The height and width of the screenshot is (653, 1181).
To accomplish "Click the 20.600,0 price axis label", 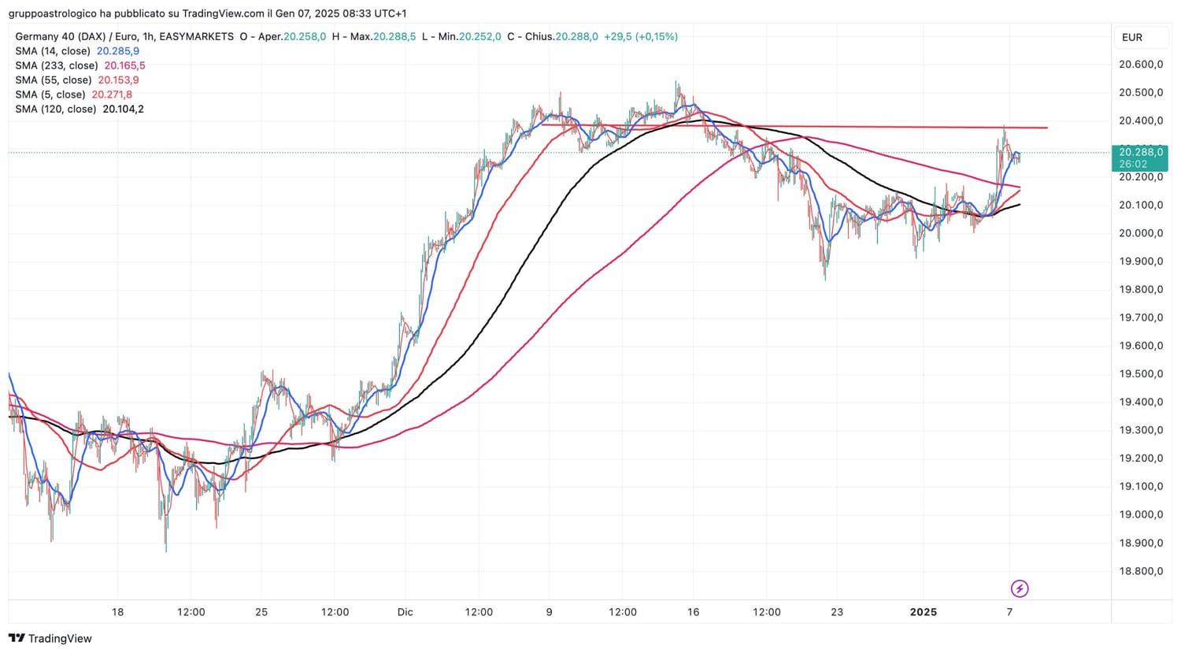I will point(1140,65).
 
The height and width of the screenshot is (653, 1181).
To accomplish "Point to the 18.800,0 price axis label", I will point(1140,571).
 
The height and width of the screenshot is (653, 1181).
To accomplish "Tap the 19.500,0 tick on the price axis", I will point(1140,374).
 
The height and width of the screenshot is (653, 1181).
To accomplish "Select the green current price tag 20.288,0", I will point(1140,152).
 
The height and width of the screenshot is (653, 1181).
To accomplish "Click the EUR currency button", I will point(1132,37).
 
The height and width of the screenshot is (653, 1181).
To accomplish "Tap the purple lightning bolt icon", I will point(1020,588).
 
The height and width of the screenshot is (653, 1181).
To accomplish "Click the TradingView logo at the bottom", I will point(50,639).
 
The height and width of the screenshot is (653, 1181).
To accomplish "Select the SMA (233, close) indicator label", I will point(57,65).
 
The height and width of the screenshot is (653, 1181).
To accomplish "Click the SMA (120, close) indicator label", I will point(57,109).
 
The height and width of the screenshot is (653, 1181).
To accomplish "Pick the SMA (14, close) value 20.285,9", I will point(118,51).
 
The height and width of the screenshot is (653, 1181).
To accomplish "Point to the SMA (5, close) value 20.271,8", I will point(112,95).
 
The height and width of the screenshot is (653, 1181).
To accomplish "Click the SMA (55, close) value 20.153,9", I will point(118,80).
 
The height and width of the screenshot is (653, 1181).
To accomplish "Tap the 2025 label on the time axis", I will point(924,612).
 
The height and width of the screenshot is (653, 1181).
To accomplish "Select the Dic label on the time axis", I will point(405,612).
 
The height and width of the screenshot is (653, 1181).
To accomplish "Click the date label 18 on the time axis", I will point(117,612).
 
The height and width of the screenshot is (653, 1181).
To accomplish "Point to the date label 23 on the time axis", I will point(837,612).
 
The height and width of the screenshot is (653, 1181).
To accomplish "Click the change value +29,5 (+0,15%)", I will point(640,36).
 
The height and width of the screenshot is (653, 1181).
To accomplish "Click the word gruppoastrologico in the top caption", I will point(53,13).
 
